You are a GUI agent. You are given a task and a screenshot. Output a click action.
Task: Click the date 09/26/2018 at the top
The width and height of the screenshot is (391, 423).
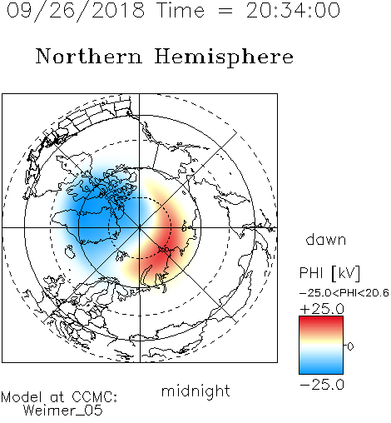[x=76, y=11]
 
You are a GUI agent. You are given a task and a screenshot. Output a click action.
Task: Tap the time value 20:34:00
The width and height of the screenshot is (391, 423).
[x=293, y=11]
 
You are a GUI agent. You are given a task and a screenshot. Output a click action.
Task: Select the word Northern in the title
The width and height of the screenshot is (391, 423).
[x=89, y=56]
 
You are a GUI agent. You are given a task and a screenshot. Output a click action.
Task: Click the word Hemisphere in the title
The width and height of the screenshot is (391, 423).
[x=224, y=57]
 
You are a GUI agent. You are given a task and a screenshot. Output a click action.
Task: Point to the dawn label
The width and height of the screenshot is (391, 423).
[x=326, y=239]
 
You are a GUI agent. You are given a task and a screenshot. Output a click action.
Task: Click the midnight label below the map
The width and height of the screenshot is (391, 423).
[x=195, y=391]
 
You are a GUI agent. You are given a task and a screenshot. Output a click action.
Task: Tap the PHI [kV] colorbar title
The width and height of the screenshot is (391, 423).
[x=329, y=273]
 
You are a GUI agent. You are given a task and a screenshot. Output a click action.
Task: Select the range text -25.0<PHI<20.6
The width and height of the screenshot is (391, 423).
[x=344, y=293]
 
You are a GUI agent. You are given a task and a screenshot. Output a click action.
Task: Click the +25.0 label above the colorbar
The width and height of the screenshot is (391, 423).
[x=322, y=309]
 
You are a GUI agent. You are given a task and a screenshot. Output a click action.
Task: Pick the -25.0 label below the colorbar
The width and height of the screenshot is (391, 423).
[x=322, y=385]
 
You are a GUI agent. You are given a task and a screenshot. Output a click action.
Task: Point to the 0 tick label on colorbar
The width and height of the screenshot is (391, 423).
[x=350, y=346]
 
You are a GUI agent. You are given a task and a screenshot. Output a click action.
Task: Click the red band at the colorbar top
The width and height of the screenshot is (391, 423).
[x=321, y=321]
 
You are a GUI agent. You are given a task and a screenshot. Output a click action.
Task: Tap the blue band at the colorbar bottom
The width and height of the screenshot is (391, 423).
[x=321, y=369]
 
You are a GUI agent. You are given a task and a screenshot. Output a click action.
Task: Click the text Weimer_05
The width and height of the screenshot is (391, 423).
[x=63, y=411]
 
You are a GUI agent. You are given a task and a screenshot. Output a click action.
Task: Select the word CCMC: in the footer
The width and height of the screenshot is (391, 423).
[x=95, y=397]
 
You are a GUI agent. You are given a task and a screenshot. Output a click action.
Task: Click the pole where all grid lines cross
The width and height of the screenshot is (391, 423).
[x=140, y=228]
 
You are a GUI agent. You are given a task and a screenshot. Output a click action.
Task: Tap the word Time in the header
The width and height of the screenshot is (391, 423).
[x=181, y=11]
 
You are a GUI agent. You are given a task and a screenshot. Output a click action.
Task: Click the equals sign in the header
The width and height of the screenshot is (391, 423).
[x=225, y=11]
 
